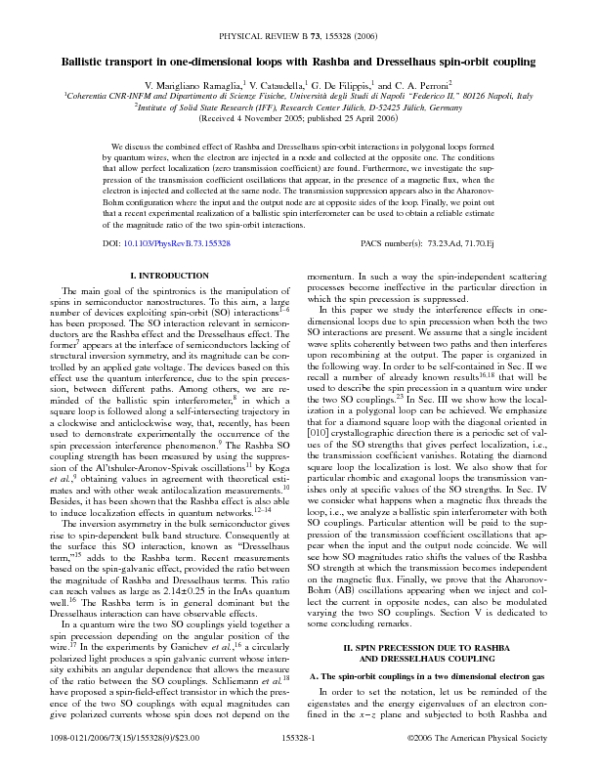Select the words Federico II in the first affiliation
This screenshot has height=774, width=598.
pos(427,97)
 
